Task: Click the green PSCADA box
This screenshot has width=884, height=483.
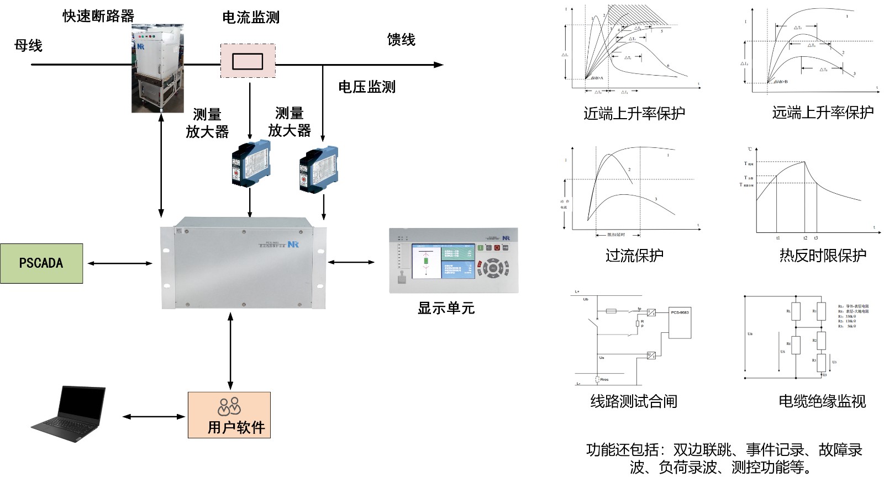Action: (41, 263)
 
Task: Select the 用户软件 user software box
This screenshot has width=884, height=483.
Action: (229, 415)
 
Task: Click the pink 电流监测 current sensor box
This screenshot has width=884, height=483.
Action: (248, 61)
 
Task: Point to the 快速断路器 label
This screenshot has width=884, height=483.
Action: (98, 16)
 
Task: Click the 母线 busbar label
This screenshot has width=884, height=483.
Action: (28, 46)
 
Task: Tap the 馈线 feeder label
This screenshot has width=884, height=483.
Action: (401, 40)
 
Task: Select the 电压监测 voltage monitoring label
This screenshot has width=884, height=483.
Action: (367, 87)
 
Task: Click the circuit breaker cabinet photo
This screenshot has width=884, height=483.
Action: (157, 69)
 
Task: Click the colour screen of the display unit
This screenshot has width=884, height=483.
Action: (443, 261)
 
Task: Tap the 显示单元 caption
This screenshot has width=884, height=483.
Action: (446, 308)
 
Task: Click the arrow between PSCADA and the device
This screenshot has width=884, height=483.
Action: (120, 263)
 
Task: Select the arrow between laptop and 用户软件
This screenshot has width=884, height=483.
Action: (154, 417)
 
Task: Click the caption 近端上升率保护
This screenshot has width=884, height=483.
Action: (634, 114)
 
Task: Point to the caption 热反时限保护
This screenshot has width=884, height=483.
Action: (822, 256)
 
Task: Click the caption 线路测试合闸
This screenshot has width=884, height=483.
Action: (634, 401)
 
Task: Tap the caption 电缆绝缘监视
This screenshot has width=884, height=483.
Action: (822, 401)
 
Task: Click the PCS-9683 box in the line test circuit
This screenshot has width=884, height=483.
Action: (680, 323)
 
